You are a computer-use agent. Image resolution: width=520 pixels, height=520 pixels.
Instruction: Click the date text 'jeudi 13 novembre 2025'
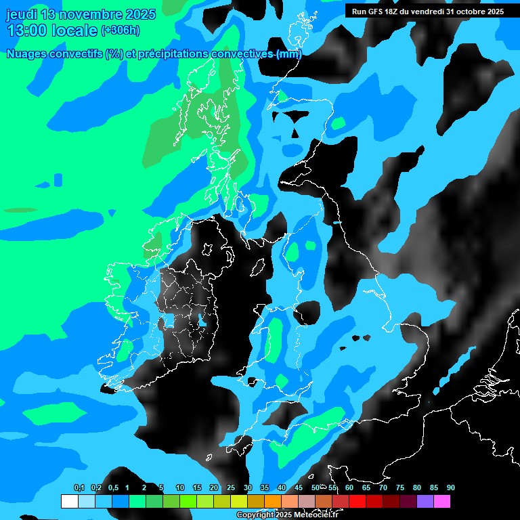point(81,14)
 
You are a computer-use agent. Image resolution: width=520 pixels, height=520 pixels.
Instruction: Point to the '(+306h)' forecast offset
point(121,30)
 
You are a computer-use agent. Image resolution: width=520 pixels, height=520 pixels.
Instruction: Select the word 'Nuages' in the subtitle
point(26,54)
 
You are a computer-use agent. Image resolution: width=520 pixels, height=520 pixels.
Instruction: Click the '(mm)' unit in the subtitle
point(288,54)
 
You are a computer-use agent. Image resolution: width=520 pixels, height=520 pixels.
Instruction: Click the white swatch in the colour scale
point(69,501)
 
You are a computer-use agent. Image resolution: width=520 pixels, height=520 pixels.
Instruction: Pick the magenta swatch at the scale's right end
point(442,501)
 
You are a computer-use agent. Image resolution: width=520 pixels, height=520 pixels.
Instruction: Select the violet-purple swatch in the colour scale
point(425,501)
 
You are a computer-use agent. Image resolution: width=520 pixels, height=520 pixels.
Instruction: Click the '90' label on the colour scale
point(451,487)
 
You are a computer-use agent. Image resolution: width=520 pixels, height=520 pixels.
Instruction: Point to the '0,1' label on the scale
point(79,487)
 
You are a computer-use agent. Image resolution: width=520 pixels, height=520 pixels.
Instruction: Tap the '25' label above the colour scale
point(231,487)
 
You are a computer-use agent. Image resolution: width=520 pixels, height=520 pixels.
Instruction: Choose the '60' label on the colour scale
point(349,487)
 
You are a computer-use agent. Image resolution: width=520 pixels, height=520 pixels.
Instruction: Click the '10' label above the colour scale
point(180,487)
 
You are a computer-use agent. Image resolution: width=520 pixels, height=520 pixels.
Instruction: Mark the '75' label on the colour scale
point(400,487)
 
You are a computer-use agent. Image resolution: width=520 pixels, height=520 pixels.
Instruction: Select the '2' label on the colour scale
point(144,487)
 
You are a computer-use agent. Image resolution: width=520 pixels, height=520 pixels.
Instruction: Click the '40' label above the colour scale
point(282,487)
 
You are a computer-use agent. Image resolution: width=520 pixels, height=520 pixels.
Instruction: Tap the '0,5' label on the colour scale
point(112,487)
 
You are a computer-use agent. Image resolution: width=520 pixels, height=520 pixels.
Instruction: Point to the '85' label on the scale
point(434,487)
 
